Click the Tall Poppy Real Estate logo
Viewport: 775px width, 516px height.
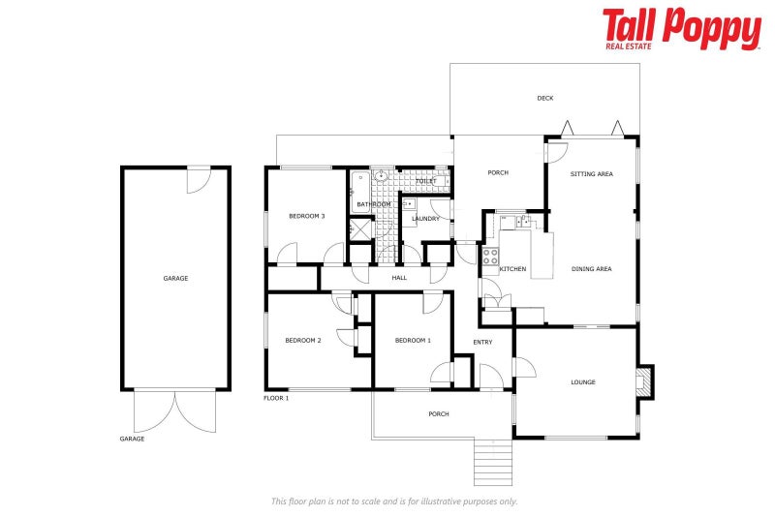coord(681,28)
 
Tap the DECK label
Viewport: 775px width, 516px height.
coord(545,98)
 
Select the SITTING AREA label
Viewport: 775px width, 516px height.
coord(591,174)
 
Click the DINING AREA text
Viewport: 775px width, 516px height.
coord(591,268)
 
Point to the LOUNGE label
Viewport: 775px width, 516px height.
coord(582,381)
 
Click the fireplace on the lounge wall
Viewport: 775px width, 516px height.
coord(645,381)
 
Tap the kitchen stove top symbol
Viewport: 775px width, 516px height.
coord(490,258)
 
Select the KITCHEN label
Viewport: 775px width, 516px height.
coord(512,268)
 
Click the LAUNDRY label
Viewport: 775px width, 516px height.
coord(425,219)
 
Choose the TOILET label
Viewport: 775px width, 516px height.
coord(425,181)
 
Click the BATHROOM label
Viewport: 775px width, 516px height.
coord(374,204)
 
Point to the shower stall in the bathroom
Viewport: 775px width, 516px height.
coord(359,230)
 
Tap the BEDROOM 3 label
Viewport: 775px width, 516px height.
coord(306,216)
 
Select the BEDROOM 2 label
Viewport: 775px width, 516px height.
coord(302,340)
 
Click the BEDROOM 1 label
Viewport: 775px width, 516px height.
coord(413,340)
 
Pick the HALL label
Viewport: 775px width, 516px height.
coord(399,278)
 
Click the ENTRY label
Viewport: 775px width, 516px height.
coord(482,342)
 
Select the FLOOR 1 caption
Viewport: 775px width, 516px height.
coord(276,398)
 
